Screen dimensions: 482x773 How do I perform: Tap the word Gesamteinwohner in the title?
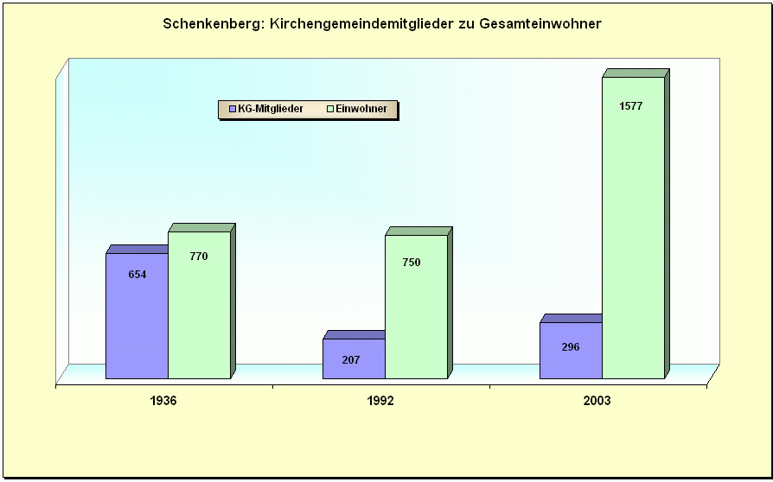(x=542, y=24)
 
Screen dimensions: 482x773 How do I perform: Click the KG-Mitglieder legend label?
(x=271, y=109)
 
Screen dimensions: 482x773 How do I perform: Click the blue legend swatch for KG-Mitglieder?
(x=233, y=109)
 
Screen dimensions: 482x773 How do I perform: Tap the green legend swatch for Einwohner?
(x=330, y=109)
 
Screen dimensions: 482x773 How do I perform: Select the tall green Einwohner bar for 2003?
(x=633, y=233)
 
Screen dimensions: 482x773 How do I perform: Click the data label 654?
(x=137, y=275)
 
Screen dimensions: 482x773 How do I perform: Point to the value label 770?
(x=199, y=257)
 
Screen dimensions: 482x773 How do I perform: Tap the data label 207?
(x=351, y=359)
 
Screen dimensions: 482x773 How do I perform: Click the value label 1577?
(x=631, y=106)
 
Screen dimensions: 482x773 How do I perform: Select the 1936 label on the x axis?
(x=163, y=402)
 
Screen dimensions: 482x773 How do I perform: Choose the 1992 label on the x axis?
(x=380, y=402)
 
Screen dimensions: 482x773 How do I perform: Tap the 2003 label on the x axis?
(x=597, y=402)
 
